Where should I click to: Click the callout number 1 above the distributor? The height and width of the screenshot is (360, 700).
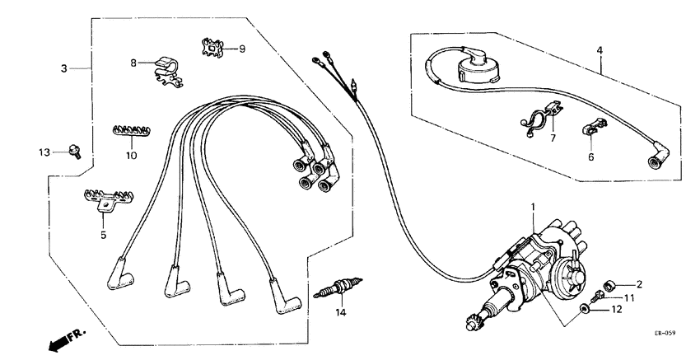(x=533, y=206)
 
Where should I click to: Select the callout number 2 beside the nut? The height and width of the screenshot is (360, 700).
(x=638, y=284)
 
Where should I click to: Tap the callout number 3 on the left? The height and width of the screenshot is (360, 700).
(x=63, y=68)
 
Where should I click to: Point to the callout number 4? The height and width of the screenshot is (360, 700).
(x=600, y=51)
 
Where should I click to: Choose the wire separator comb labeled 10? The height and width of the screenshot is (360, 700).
(x=128, y=131)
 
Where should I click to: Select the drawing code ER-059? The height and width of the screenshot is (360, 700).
(x=665, y=334)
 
